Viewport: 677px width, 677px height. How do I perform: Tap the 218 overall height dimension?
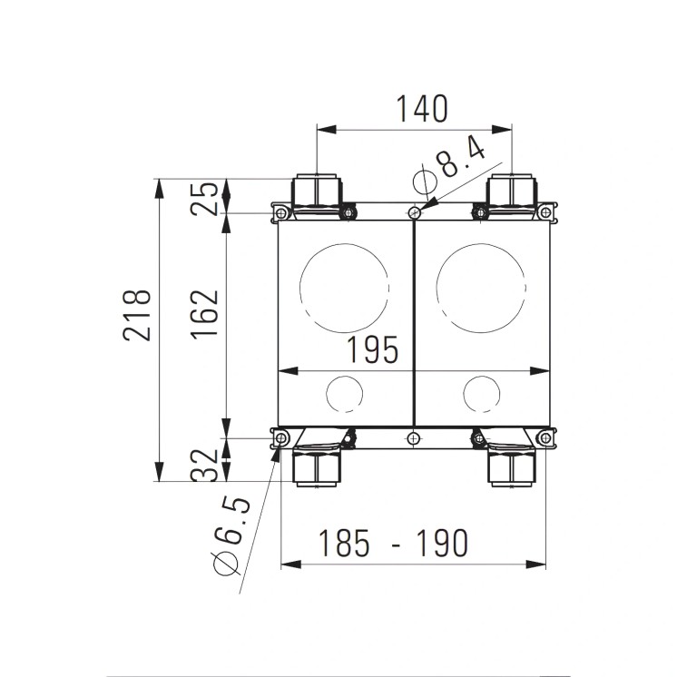[x=137, y=315]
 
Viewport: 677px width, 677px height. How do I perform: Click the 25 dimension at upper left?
[x=208, y=197]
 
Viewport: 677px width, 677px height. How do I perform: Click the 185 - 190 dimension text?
[x=392, y=543]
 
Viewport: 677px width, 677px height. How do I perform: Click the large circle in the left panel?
[x=343, y=287]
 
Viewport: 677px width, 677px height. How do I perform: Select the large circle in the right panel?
[x=481, y=287]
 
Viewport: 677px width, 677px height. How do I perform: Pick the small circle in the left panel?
[x=343, y=393]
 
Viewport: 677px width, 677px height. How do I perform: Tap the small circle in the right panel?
[x=480, y=393]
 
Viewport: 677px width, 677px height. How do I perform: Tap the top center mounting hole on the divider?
[x=414, y=213]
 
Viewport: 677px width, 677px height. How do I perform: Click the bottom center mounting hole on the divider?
[x=414, y=439]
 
